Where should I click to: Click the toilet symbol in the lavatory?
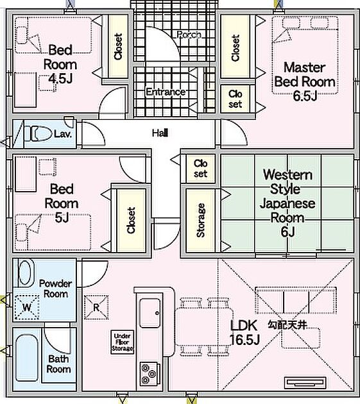(x=38, y=134)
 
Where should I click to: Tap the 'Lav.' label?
(x=63, y=134)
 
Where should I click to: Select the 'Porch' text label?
(x=189, y=34)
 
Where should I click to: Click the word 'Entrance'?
(x=166, y=92)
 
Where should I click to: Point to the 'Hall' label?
(x=160, y=133)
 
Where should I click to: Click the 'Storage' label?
(x=200, y=220)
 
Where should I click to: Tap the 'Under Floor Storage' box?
(x=122, y=342)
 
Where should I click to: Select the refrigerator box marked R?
(x=96, y=307)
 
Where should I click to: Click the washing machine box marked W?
(x=27, y=307)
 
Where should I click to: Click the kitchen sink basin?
(x=150, y=313)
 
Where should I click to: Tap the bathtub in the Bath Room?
(x=26, y=358)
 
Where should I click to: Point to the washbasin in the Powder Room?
(x=25, y=273)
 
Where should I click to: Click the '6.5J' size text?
(x=305, y=96)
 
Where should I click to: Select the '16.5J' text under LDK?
(x=244, y=339)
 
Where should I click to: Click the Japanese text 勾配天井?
(x=287, y=325)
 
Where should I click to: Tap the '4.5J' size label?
(x=60, y=78)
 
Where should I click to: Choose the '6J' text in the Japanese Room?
(x=287, y=232)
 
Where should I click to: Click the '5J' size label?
(x=62, y=218)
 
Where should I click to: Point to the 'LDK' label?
(x=244, y=325)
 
